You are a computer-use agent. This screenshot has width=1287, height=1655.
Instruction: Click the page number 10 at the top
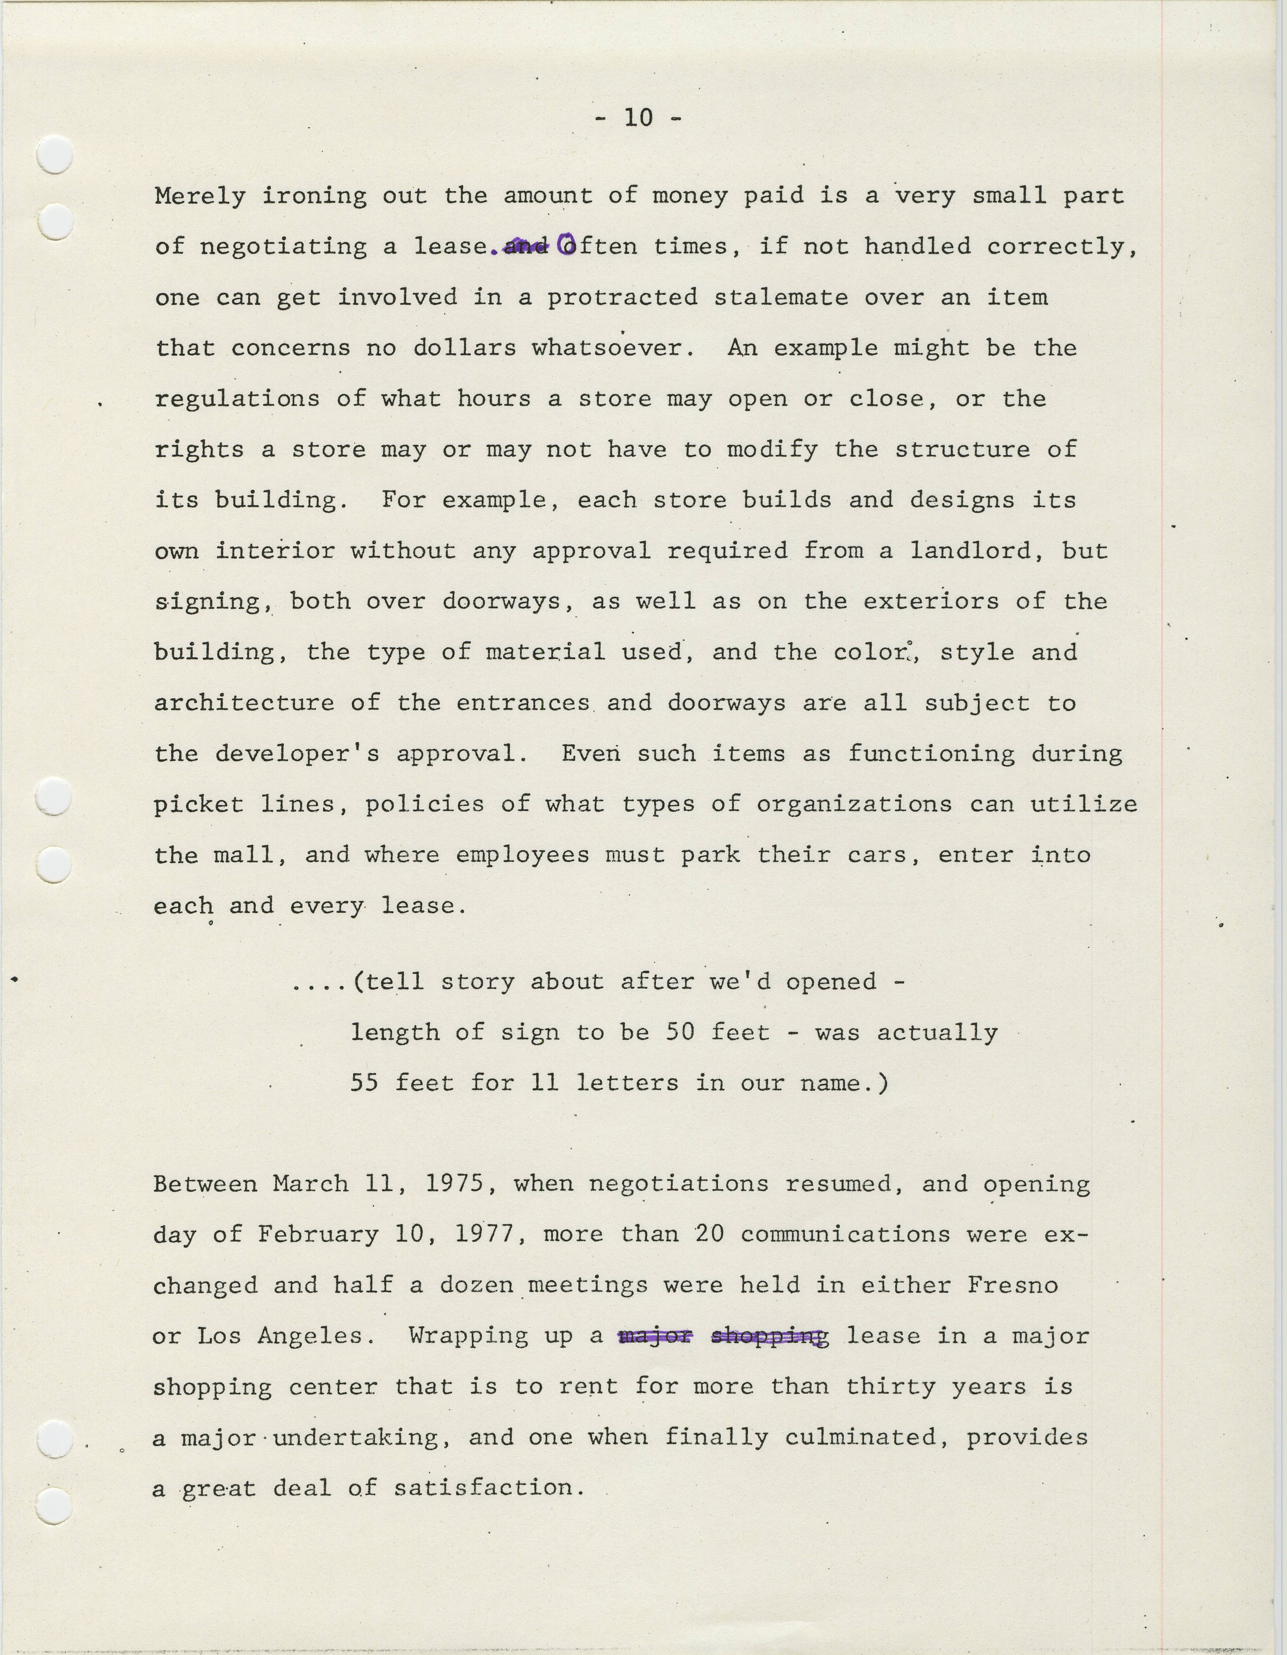click(638, 118)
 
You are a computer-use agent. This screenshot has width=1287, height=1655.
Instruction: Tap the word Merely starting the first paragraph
click(200, 196)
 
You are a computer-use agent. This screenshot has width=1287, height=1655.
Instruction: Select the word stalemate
click(781, 297)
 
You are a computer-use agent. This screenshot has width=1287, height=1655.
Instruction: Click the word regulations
click(237, 399)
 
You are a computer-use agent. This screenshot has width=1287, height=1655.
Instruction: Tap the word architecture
click(244, 703)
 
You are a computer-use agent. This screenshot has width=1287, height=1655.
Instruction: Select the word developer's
click(297, 754)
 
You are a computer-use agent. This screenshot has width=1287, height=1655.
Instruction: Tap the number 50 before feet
click(680, 1032)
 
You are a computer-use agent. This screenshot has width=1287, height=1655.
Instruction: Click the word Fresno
click(1012, 1285)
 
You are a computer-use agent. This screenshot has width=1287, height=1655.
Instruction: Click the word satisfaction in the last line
click(489, 1488)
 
